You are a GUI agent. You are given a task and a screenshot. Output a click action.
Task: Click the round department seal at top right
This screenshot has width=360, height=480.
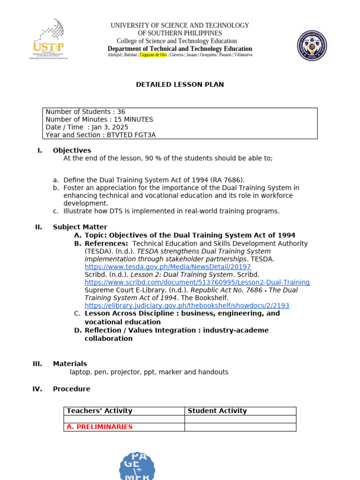(312, 45)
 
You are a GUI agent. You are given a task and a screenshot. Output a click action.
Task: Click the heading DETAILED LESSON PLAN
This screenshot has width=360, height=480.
(180, 85)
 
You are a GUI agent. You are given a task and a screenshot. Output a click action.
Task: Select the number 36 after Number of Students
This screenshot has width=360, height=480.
(121, 112)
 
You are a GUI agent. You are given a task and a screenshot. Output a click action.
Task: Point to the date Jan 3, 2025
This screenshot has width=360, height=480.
(110, 127)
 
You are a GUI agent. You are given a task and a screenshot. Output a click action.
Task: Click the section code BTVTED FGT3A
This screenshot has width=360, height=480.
(131, 135)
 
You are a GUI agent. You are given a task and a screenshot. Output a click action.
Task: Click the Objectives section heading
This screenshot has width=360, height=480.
(72, 150)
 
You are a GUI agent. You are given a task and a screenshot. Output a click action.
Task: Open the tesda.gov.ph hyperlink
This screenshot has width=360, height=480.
(167, 267)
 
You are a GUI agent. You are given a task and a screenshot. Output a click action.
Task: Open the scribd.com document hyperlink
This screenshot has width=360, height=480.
(197, 282)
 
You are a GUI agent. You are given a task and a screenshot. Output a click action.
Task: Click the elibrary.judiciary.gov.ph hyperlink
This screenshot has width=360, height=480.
(187, 306)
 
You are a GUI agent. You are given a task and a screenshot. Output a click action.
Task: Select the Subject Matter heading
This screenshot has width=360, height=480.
(80, 227)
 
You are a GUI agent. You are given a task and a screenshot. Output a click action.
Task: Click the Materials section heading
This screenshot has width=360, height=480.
(70, 364)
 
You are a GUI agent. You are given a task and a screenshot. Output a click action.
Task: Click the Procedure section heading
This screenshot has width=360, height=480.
(71, 389)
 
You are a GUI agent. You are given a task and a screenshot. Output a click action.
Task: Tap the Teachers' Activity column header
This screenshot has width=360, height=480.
(99, 411)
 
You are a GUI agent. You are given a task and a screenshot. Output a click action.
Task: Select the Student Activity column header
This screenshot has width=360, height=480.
(217, 411)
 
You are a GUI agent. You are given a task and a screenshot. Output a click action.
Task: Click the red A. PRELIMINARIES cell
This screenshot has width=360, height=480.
(99, 427)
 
